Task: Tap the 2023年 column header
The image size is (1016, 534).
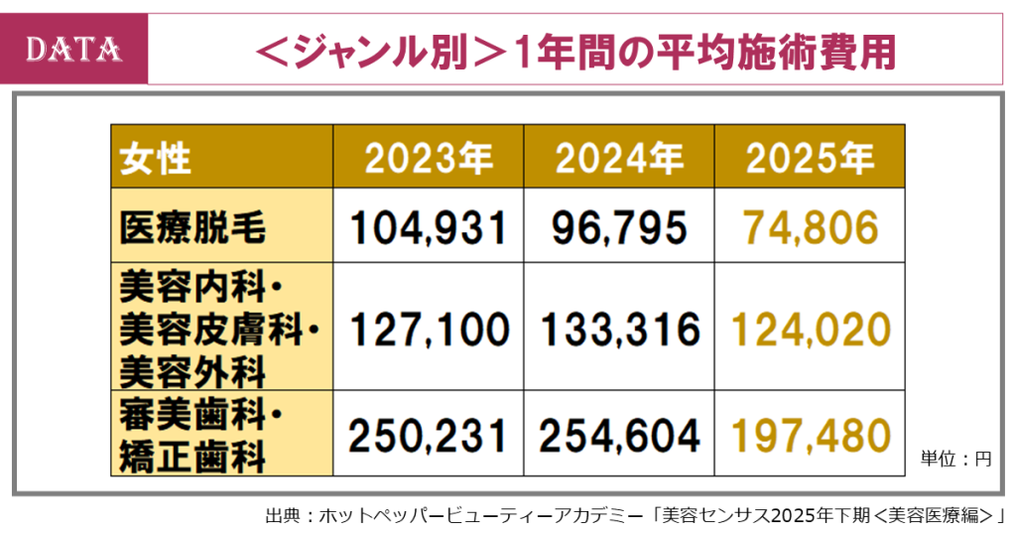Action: [x=428, y=157]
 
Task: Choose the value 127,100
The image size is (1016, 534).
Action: [x=428, y=328]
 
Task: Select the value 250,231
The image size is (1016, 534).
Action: [x=428, y=434]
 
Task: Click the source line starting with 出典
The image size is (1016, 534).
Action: [x=635, y=515]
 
